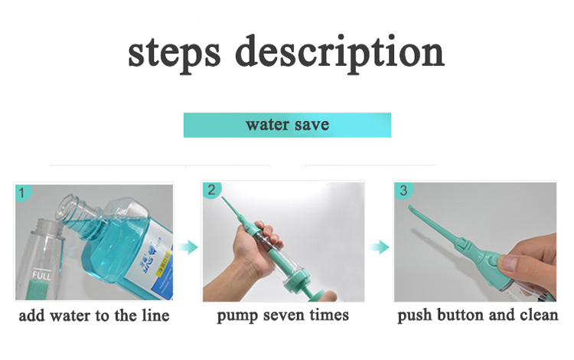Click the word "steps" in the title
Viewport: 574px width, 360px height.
174,53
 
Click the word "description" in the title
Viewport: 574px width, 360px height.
340,53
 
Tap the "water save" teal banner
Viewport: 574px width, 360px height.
287,126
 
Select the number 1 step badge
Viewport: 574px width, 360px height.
23,192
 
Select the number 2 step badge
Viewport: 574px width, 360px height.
211,190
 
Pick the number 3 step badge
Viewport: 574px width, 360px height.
403,191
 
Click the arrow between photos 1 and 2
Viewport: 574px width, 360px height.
188,247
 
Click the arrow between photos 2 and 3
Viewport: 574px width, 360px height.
380,247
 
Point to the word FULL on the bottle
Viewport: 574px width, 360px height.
41,275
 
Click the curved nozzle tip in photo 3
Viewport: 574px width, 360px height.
412,208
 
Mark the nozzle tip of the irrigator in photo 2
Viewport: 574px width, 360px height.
223,200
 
